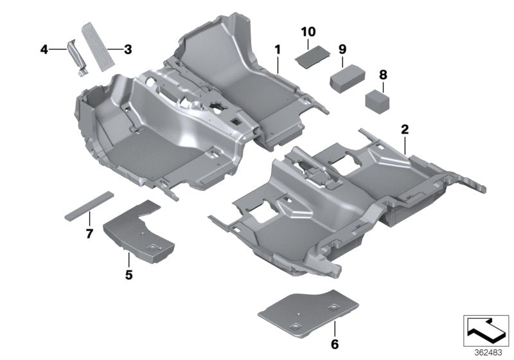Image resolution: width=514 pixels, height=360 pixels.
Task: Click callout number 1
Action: [278, 49]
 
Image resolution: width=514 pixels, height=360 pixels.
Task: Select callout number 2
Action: [405, 129]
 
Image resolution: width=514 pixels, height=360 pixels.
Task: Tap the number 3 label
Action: [128, 48]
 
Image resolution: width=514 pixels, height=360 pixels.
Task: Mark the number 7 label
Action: [89, 231]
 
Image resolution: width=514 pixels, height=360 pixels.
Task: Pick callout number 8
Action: [383, 75]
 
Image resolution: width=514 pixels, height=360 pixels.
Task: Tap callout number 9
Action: [342, 49]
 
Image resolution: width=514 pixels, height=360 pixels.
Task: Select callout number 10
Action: [307, 31]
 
